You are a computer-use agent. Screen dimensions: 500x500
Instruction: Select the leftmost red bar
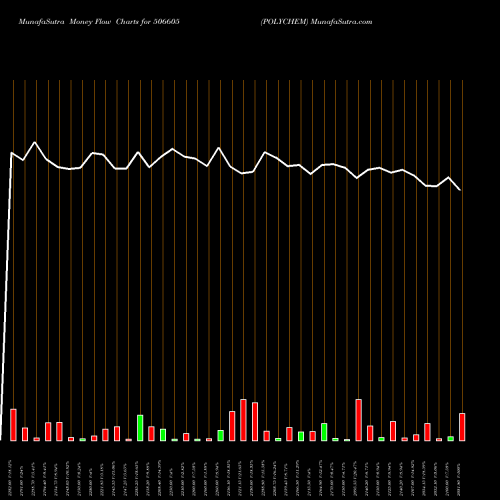click(13, 425)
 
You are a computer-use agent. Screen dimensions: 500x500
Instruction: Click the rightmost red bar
click(462, 427)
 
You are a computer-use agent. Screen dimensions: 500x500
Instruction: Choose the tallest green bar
click(140, 428)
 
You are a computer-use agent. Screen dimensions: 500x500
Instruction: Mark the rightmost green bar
click(450, 438)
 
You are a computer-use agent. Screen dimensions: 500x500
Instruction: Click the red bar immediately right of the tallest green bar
click(151, 433)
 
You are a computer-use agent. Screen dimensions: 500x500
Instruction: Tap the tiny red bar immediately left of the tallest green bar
click(128, 439)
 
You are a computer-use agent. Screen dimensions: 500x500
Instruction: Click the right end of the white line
click(460, 189)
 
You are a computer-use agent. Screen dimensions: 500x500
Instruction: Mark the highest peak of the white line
click(36, 143)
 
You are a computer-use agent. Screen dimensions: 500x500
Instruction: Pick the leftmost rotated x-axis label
click(11, 470)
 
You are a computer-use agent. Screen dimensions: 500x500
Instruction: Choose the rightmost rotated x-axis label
click(460, 470)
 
